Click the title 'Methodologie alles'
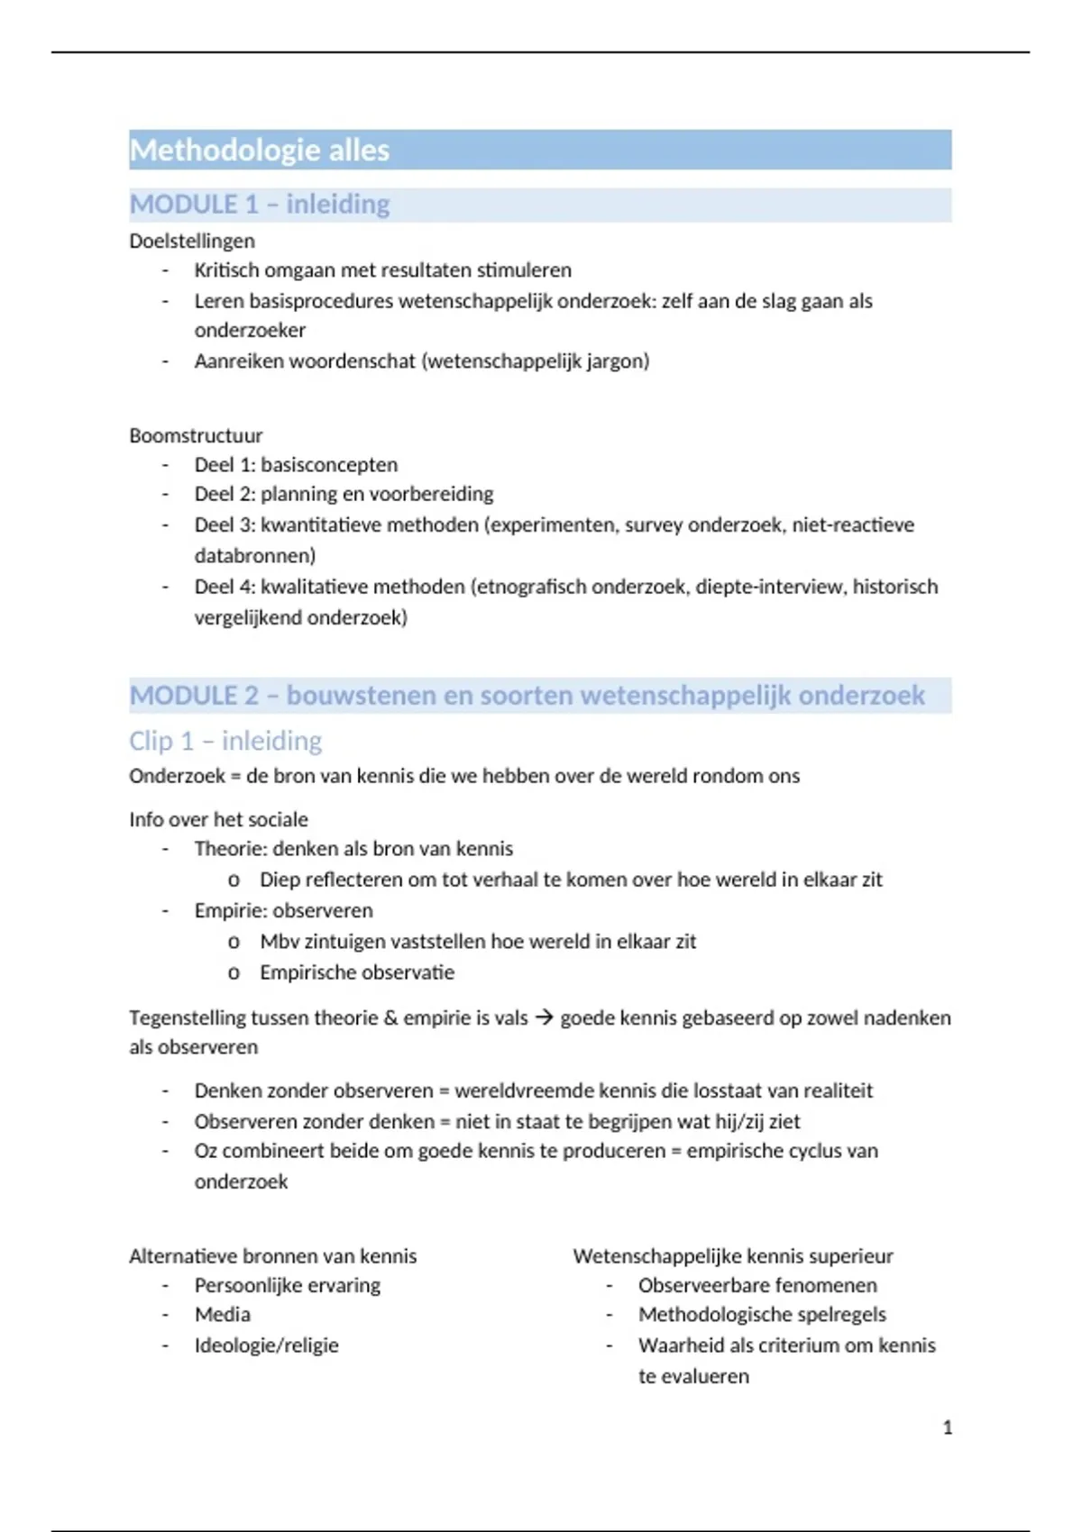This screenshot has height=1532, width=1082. click(x=260, y=150)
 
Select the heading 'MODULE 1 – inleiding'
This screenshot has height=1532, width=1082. click(x=260, y=205)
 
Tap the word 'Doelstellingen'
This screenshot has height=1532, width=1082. click(x=192, y=241)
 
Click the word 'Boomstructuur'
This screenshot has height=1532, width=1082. click(x=196, y=435)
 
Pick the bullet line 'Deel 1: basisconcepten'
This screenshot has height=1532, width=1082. click(x=296, y=465)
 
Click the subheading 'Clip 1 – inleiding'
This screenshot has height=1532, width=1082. click(x=225, y=741)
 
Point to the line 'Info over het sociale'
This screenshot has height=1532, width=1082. click(x=218, y=819)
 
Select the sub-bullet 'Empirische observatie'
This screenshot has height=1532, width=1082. click(x=357, y=972)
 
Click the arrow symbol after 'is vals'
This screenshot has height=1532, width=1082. click(x=544, y=1017)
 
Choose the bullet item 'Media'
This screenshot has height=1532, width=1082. click(x=223, y=1315)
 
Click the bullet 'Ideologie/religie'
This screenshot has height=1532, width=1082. click(x=267, y=1345)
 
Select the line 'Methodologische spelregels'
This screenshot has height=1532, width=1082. click(x=762, y=1315)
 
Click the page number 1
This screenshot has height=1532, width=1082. click(x=948, y=1427)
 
